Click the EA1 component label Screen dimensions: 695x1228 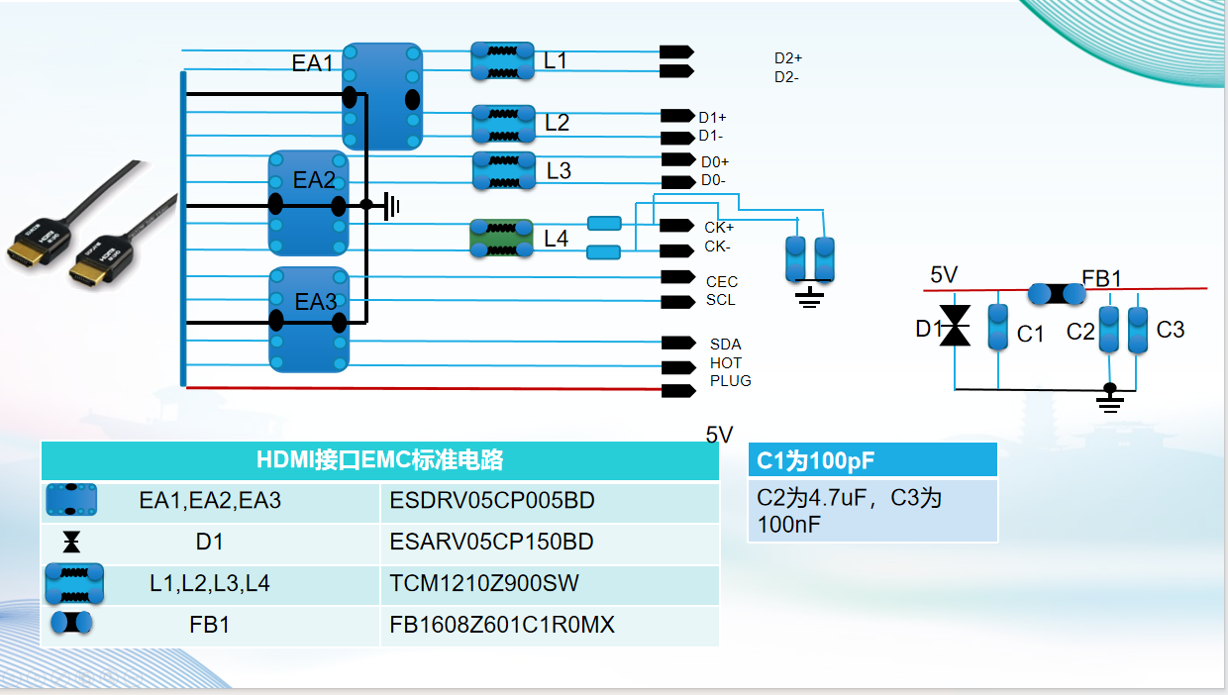click(x=312, y=63)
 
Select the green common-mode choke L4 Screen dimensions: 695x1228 click(x=501, y=239)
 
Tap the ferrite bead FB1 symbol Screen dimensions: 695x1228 click(x=1056, y=293)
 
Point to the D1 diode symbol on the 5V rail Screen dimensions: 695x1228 click(x=956, y=326)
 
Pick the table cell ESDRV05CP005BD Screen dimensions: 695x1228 click(x=492, y=501)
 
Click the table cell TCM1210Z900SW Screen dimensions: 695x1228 click(x=478, y=584)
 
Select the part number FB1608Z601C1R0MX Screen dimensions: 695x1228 click(x=502, y=626)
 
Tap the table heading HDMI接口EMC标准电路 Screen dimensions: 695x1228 click(x=379, y=460)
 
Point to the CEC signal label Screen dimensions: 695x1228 click(x=722, y=282)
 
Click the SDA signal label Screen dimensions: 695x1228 click(x=725, y=345)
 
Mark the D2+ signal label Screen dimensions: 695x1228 click(x=788, y=58)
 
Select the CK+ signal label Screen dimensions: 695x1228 click(x=719, y=228)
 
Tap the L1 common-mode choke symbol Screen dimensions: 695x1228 click(x=502, y=60)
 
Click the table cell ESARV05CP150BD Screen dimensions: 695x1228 click(x=491, y=543)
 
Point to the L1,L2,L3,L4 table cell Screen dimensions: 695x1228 click(x=210, y=584)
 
